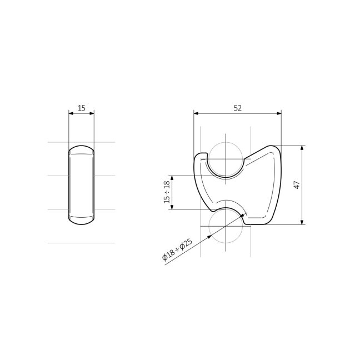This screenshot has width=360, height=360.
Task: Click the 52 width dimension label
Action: (x=238, y=108)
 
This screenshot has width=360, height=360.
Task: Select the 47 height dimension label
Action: (x=297, y=185)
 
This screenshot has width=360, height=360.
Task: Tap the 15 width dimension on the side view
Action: (x=82, y=108)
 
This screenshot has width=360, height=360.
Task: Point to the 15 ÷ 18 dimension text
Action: (x=167, y=192)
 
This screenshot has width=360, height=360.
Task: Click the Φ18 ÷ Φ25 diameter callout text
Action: (x=177, y=250)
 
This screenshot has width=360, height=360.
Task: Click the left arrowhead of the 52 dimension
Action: (x=196, y=113)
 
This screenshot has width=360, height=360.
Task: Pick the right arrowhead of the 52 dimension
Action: (x=279, y=113)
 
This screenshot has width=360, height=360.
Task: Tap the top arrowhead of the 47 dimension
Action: (x=302, y=148)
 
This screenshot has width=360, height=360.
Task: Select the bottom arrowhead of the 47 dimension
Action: (x=302, y=222)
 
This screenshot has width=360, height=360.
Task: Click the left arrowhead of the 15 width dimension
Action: (x=71, y=113)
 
